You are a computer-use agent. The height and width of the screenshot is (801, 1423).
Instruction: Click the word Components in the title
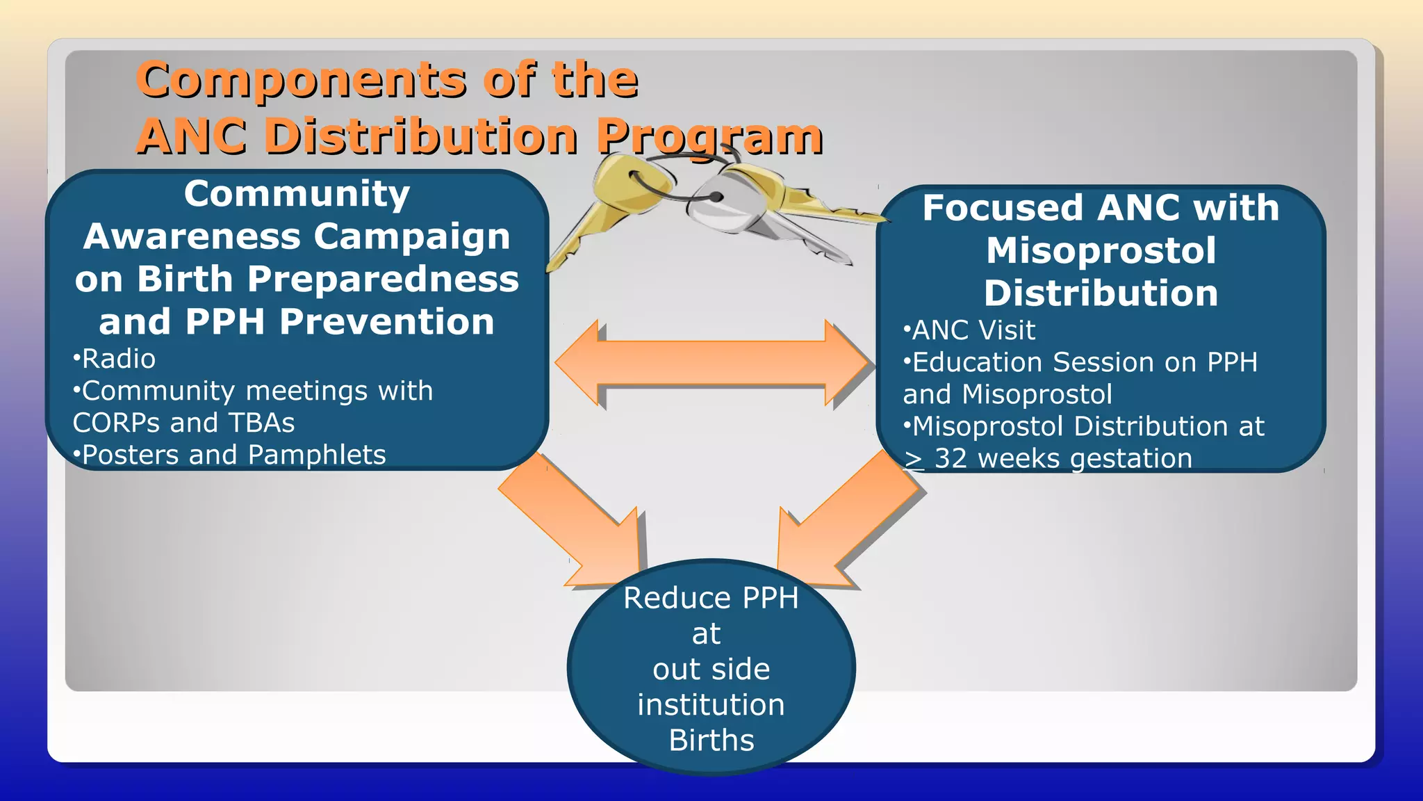pos(301,80)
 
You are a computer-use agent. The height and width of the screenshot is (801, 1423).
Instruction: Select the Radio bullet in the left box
pos(115,359)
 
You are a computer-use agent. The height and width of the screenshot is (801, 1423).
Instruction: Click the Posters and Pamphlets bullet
pos(230,455)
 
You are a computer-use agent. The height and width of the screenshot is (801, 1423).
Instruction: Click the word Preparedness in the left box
pos(383,279)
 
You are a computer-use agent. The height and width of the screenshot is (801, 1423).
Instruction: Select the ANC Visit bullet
pos(970,330)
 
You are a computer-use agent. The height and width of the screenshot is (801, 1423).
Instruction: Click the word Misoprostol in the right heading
pos(1101,250)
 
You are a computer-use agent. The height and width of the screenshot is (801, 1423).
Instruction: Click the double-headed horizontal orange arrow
pos(712,363)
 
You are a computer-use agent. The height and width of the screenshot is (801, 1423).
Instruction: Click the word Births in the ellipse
pos(711,741)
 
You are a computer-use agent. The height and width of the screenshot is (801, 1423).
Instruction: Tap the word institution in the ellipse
pos(711,705)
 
